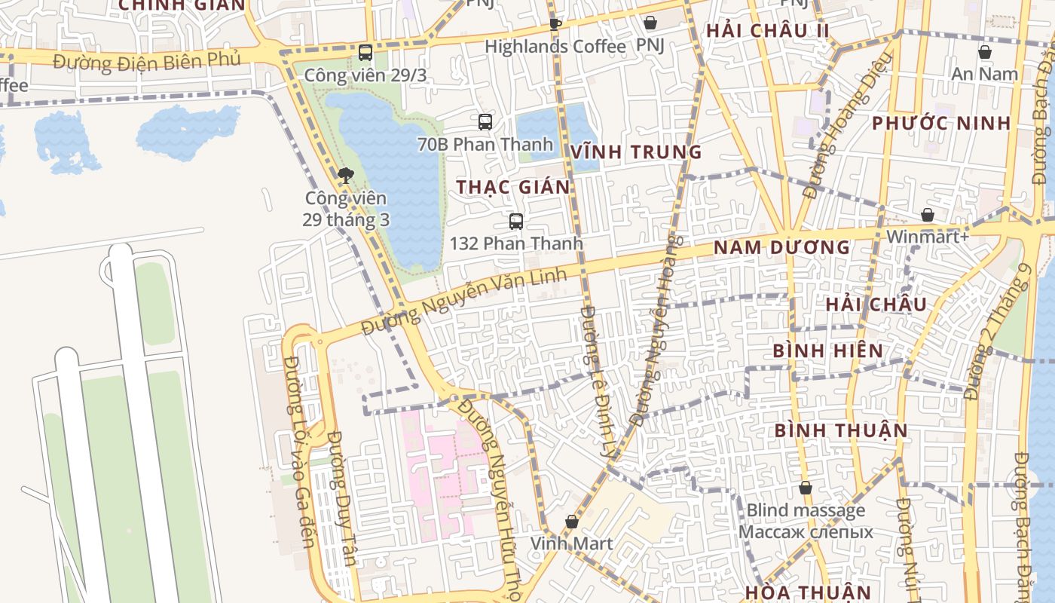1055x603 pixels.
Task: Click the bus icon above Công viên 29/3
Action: point(365,53)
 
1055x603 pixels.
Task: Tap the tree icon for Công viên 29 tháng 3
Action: point(345,176)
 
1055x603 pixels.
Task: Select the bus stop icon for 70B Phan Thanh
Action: point(485,121)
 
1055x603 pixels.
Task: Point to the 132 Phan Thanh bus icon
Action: point(516,222)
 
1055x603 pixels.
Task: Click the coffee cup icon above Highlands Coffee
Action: point(555,24)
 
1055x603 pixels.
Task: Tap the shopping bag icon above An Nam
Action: point(984,52)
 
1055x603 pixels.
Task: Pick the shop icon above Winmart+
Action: point(928,215)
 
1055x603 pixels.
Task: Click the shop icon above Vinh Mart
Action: point(572,522)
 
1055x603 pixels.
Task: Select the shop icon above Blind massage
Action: point(806,488)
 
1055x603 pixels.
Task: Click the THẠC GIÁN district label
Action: point(513,187)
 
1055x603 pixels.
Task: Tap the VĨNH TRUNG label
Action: point(636,152)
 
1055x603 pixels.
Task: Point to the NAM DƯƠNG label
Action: point(781,247)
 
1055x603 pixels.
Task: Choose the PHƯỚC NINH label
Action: point(941,124)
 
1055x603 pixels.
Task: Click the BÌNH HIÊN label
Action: point(827,350)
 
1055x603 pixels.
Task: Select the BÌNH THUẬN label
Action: point(841,430)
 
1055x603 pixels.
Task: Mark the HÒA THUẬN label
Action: point(808,592)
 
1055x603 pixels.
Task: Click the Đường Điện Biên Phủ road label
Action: point(148,61)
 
